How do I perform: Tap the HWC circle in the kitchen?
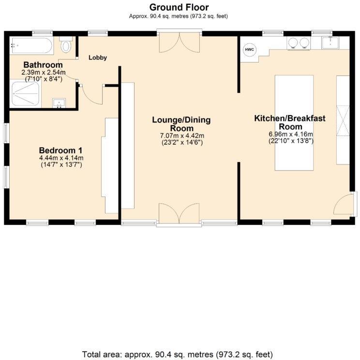pos(249,50)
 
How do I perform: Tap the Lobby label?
pos(97,58)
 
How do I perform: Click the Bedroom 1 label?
pos(61,150)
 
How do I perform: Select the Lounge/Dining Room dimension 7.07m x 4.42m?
pos(181,135)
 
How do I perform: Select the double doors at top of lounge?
pos(179,43)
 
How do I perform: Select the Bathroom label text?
pos(43,65)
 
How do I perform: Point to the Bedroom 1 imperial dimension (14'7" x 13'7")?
pos(61,165)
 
